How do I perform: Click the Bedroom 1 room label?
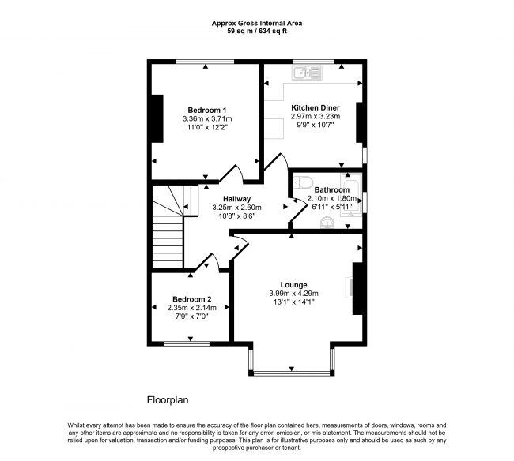[x=207, y=110]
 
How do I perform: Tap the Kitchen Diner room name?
[x=316, y=107]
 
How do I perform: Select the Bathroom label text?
[x=331, y=190]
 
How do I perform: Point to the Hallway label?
[x=236, y=198]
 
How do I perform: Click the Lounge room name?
[x=293, y=285]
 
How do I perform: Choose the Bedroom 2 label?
[x=192, y=299]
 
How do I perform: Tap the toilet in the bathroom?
[x=298, y=183]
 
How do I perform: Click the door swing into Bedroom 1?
[x=231, y=174]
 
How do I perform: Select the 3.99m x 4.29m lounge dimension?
[x=293, y=294]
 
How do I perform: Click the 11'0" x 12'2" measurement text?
[x=207, y=128]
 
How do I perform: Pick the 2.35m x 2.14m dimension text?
[x=192, y=308]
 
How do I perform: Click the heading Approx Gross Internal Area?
[x=256, y=24]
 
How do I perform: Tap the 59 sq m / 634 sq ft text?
[x=256, y=32]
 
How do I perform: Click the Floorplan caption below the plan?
[x=168, y=400]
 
